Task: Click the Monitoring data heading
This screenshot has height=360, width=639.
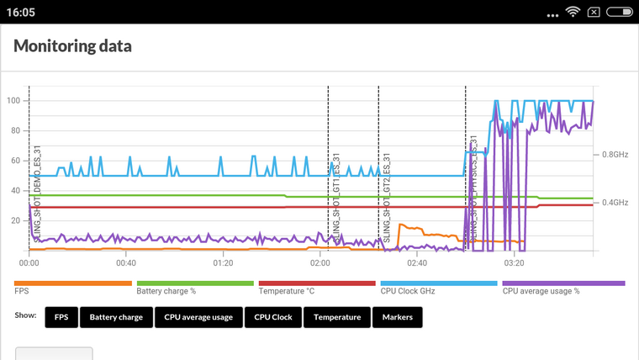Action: click(72, 46)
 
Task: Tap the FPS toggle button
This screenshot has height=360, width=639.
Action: click(61, 317)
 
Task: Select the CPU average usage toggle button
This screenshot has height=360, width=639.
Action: click(198, 317)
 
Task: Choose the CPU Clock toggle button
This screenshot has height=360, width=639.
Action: click(272, 317)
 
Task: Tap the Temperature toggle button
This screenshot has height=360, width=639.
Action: click(337, 317)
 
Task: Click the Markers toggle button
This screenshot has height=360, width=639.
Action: click(398, 317)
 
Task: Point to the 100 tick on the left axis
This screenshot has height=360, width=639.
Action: click(13, 100)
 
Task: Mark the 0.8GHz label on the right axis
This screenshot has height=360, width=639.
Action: click(615, 155)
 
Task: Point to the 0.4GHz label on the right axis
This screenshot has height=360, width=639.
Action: click(615, 203)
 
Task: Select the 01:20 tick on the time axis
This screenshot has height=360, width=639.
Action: click(223, 262)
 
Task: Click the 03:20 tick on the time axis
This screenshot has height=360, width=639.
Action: click(514, 262)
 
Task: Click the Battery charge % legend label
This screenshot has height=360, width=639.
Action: click(166, 292)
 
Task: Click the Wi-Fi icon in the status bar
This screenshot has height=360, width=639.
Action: click(573, 13)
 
